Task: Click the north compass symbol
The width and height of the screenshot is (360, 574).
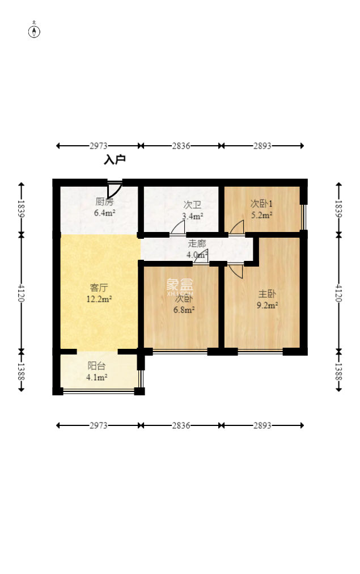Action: pos(34,31)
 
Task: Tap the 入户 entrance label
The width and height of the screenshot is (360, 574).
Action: pos(115,159)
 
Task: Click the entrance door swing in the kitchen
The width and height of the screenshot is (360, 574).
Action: pos(114,189)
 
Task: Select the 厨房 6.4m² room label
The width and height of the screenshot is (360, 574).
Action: pos(105,207)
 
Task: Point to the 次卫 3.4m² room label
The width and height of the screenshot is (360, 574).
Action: pos(192,210)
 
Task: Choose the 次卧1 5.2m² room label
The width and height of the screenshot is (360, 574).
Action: pos(261,209)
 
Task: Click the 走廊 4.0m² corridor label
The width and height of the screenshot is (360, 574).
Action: pos(197,249)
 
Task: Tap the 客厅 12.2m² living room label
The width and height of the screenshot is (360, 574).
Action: pos(99,293)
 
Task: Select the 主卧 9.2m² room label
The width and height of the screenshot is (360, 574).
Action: pos(267,299)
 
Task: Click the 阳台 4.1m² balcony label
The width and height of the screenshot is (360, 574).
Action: pos(96,371)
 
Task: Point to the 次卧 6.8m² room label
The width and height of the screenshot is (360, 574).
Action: pos(184,304)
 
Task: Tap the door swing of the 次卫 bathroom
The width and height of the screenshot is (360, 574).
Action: pos(178,227)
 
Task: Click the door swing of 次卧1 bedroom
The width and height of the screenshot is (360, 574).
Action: pos(236,227)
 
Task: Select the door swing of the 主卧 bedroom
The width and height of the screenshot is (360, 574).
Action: pos(236,271)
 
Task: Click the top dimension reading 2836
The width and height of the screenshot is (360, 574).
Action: pos(181,146)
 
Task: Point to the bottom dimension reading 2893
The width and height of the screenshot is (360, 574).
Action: pos(262,425)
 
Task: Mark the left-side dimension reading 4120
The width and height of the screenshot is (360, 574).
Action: pos(21,293)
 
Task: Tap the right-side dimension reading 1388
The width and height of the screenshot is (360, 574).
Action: pos(338,372)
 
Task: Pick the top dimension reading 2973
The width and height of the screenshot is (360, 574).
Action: pos(99,146)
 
